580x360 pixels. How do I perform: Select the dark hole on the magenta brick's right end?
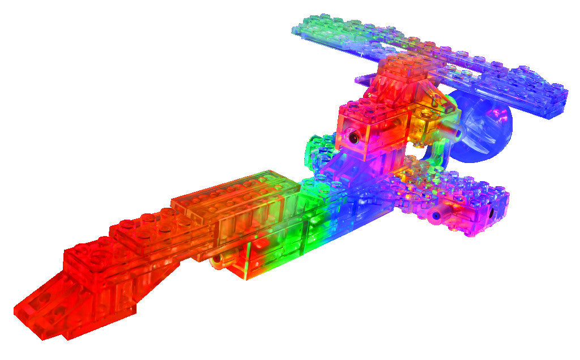coord(490,213)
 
